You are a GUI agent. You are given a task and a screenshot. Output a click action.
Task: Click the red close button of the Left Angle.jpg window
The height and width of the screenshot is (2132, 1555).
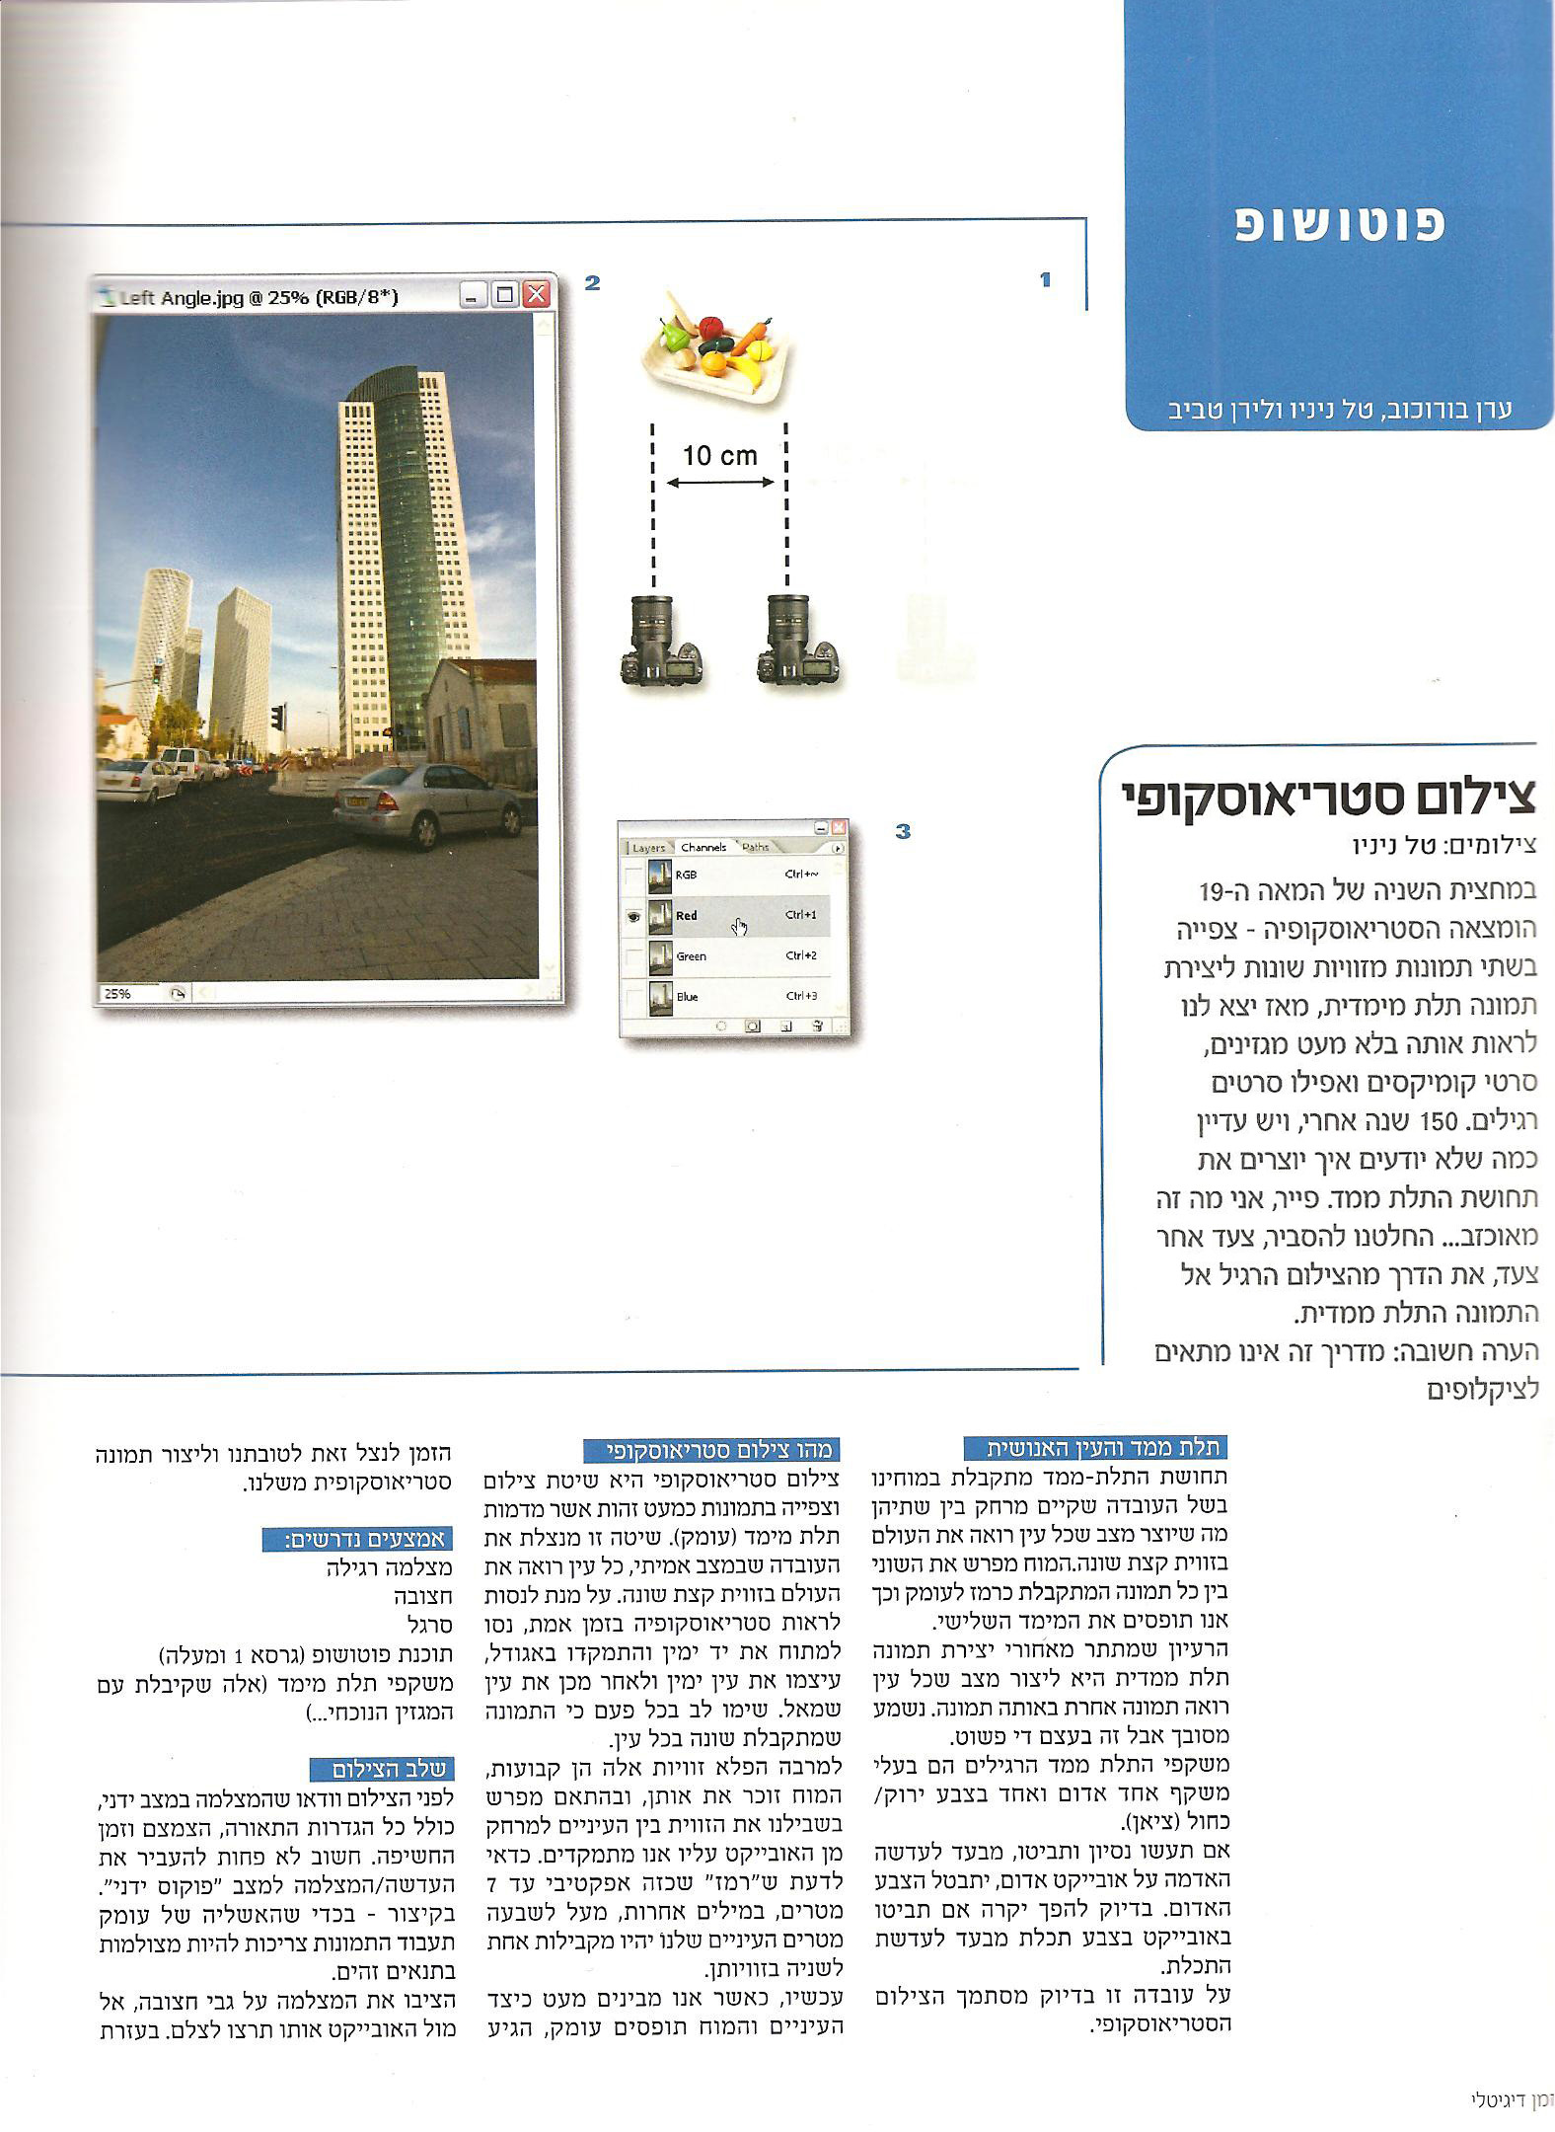click(x=536, y=295)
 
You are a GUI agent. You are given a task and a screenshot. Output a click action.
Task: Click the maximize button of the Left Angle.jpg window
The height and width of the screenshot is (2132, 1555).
click(x=505, y=295)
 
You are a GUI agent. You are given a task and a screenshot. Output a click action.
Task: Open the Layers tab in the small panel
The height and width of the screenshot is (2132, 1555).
click(x=648, y=847)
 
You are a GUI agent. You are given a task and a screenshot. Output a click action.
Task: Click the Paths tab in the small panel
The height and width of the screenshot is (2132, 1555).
click(x=756, y=847)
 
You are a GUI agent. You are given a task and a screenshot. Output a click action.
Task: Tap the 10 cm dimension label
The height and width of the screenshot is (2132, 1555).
click(x=720, y=456)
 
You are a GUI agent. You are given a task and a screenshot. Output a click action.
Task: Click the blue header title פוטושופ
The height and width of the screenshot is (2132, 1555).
click(x=1341, y=224)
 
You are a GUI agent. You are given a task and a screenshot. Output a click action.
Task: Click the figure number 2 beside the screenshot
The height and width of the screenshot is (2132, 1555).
click(x=592, y=283)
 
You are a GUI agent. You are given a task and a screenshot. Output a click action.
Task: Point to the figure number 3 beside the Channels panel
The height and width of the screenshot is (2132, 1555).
click(x=902, y=832)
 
